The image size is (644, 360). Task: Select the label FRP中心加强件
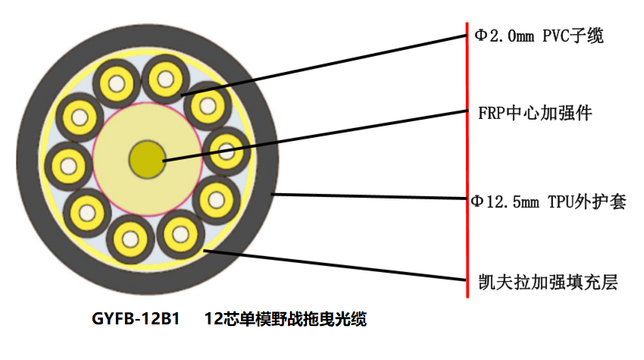535,114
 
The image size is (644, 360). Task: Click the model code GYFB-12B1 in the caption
135,319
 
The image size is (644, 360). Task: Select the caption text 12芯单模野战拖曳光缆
286,319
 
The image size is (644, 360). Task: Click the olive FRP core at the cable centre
147,158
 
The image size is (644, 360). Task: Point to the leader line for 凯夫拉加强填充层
333,265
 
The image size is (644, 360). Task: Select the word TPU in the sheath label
565,202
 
